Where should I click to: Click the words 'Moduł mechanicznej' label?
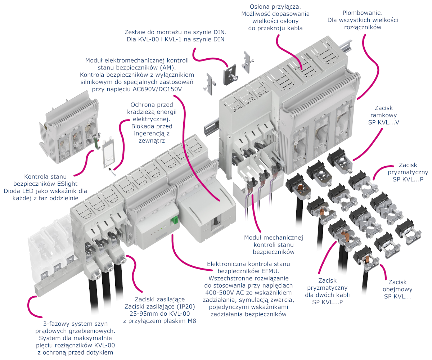274,238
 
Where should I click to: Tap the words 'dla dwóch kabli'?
327,295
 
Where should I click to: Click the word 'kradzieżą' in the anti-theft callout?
135,112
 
